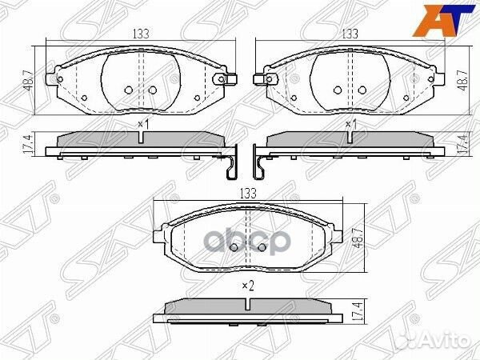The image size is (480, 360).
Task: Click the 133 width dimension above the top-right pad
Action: pyautogui.click(x=350, y=34)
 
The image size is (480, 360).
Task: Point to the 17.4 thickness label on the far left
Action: pyautogui.click(x=28, y=144)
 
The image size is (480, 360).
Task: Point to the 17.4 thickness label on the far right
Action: pyautogui.click(x=462, y=144)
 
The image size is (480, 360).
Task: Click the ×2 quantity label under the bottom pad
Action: pyautogui.click(x=246, y=285)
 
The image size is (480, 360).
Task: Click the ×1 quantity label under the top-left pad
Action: pyautogui.click(x=143, y=124)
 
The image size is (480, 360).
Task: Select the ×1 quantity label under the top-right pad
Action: pyautogui.click(x=350, y=124)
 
